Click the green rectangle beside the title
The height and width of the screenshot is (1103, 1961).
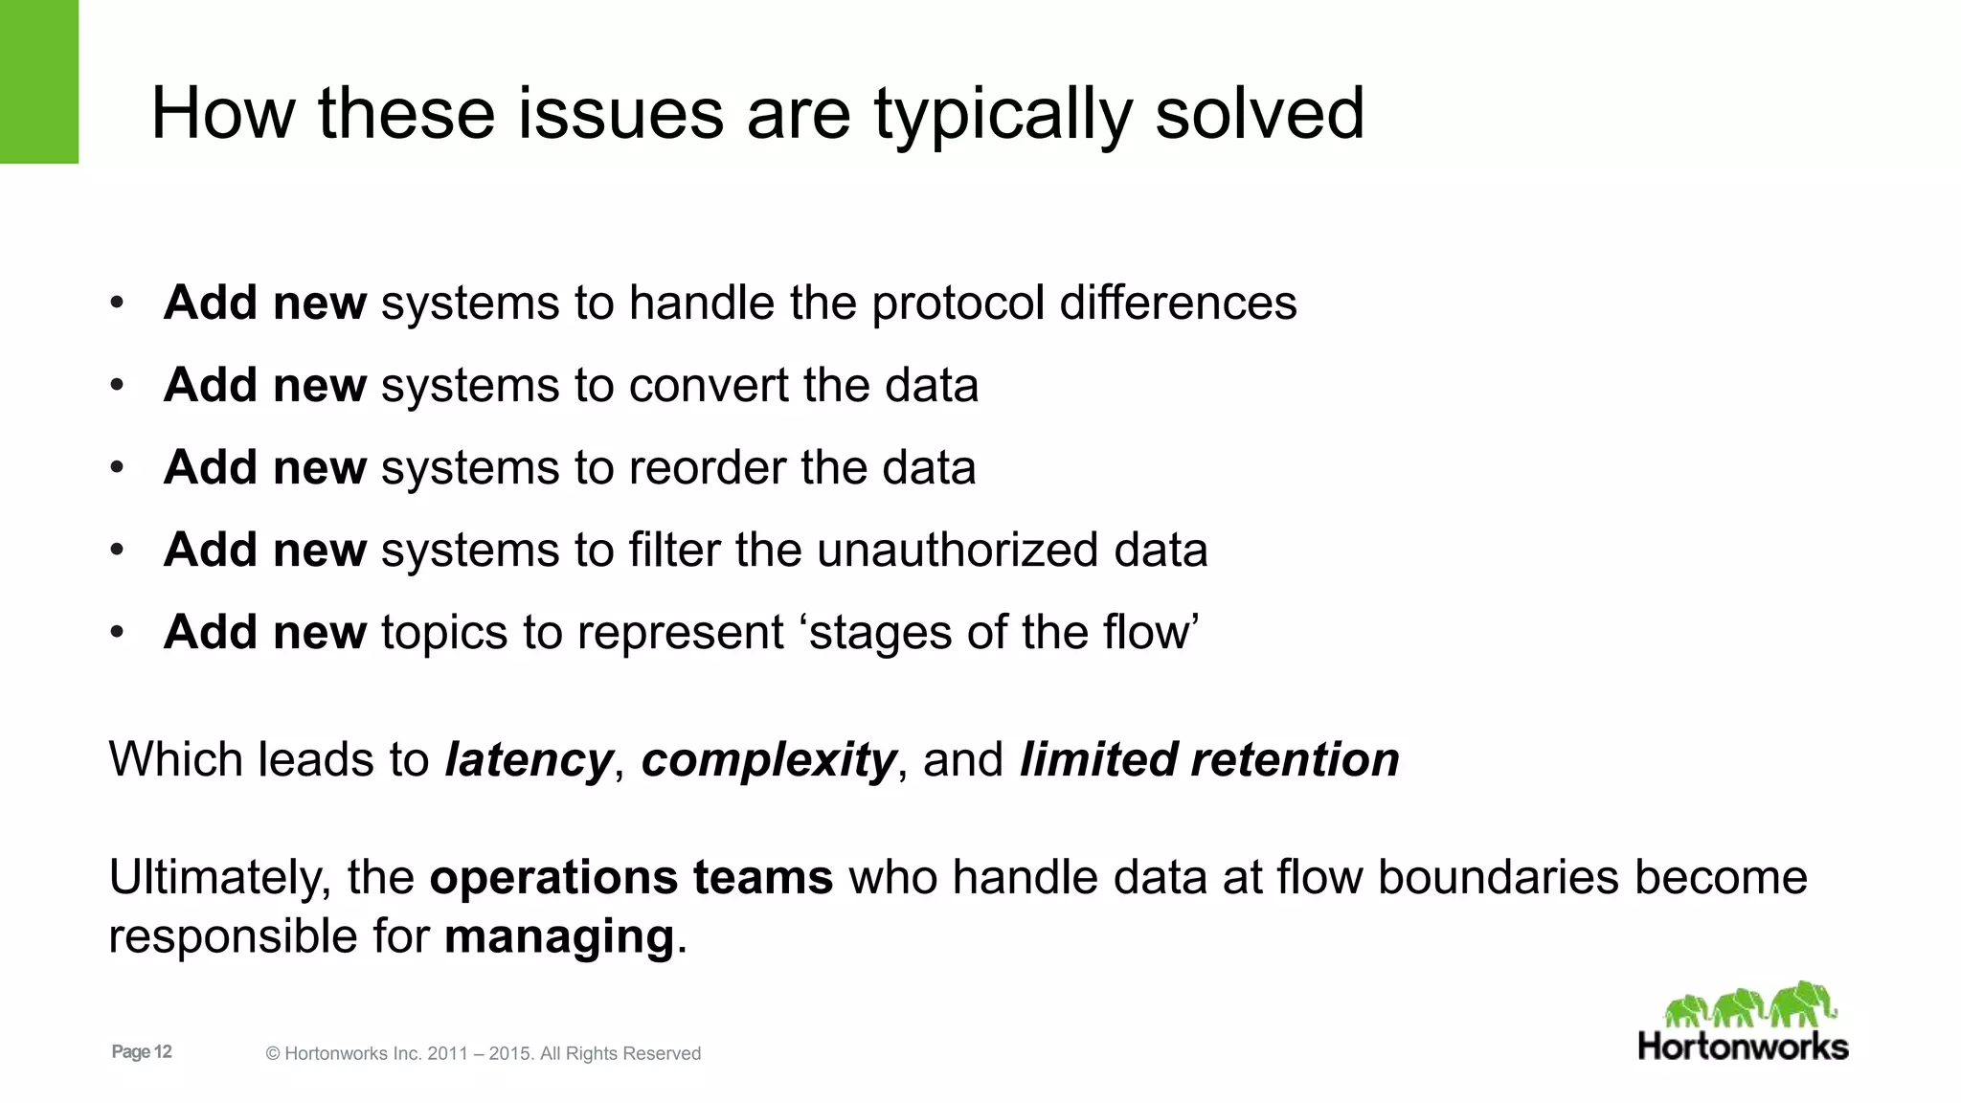[x=38, y=81]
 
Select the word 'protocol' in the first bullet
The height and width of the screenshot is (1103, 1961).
[x=958, y=304]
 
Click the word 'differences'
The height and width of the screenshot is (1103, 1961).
[x=1178, y=303]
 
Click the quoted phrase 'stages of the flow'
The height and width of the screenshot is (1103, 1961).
[x=1003, y=633]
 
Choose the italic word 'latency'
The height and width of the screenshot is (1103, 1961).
[x=529, y=760]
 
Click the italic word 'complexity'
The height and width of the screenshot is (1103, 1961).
[x=769, y=760]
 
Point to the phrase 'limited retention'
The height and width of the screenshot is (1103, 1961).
[x=1208, y=759]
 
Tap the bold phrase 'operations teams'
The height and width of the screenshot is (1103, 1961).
[x=631, y=877]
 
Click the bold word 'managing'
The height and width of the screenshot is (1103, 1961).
[x=560, y=936]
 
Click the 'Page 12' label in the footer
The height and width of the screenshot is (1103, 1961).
[x=142, y=1051]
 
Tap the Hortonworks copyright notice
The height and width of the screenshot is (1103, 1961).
[x=483, y=1053]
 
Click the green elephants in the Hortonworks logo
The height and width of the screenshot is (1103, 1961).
[x=1749, y=1005]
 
